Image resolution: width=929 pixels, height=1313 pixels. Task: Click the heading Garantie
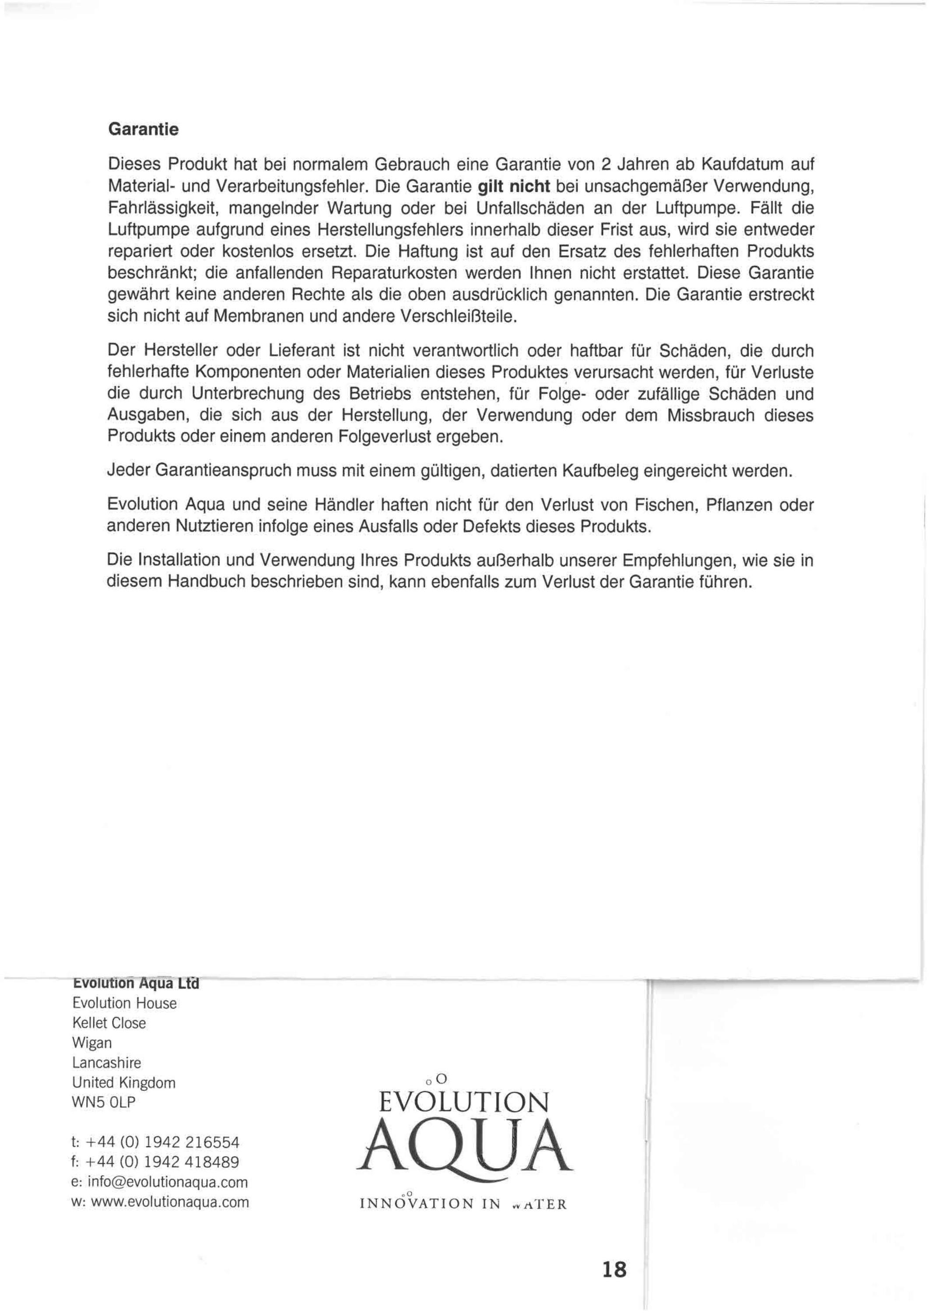pos(143,129)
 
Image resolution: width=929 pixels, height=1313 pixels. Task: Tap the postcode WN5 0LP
pos(104,1102)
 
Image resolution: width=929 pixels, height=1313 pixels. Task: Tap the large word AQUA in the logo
pos(463,1144)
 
